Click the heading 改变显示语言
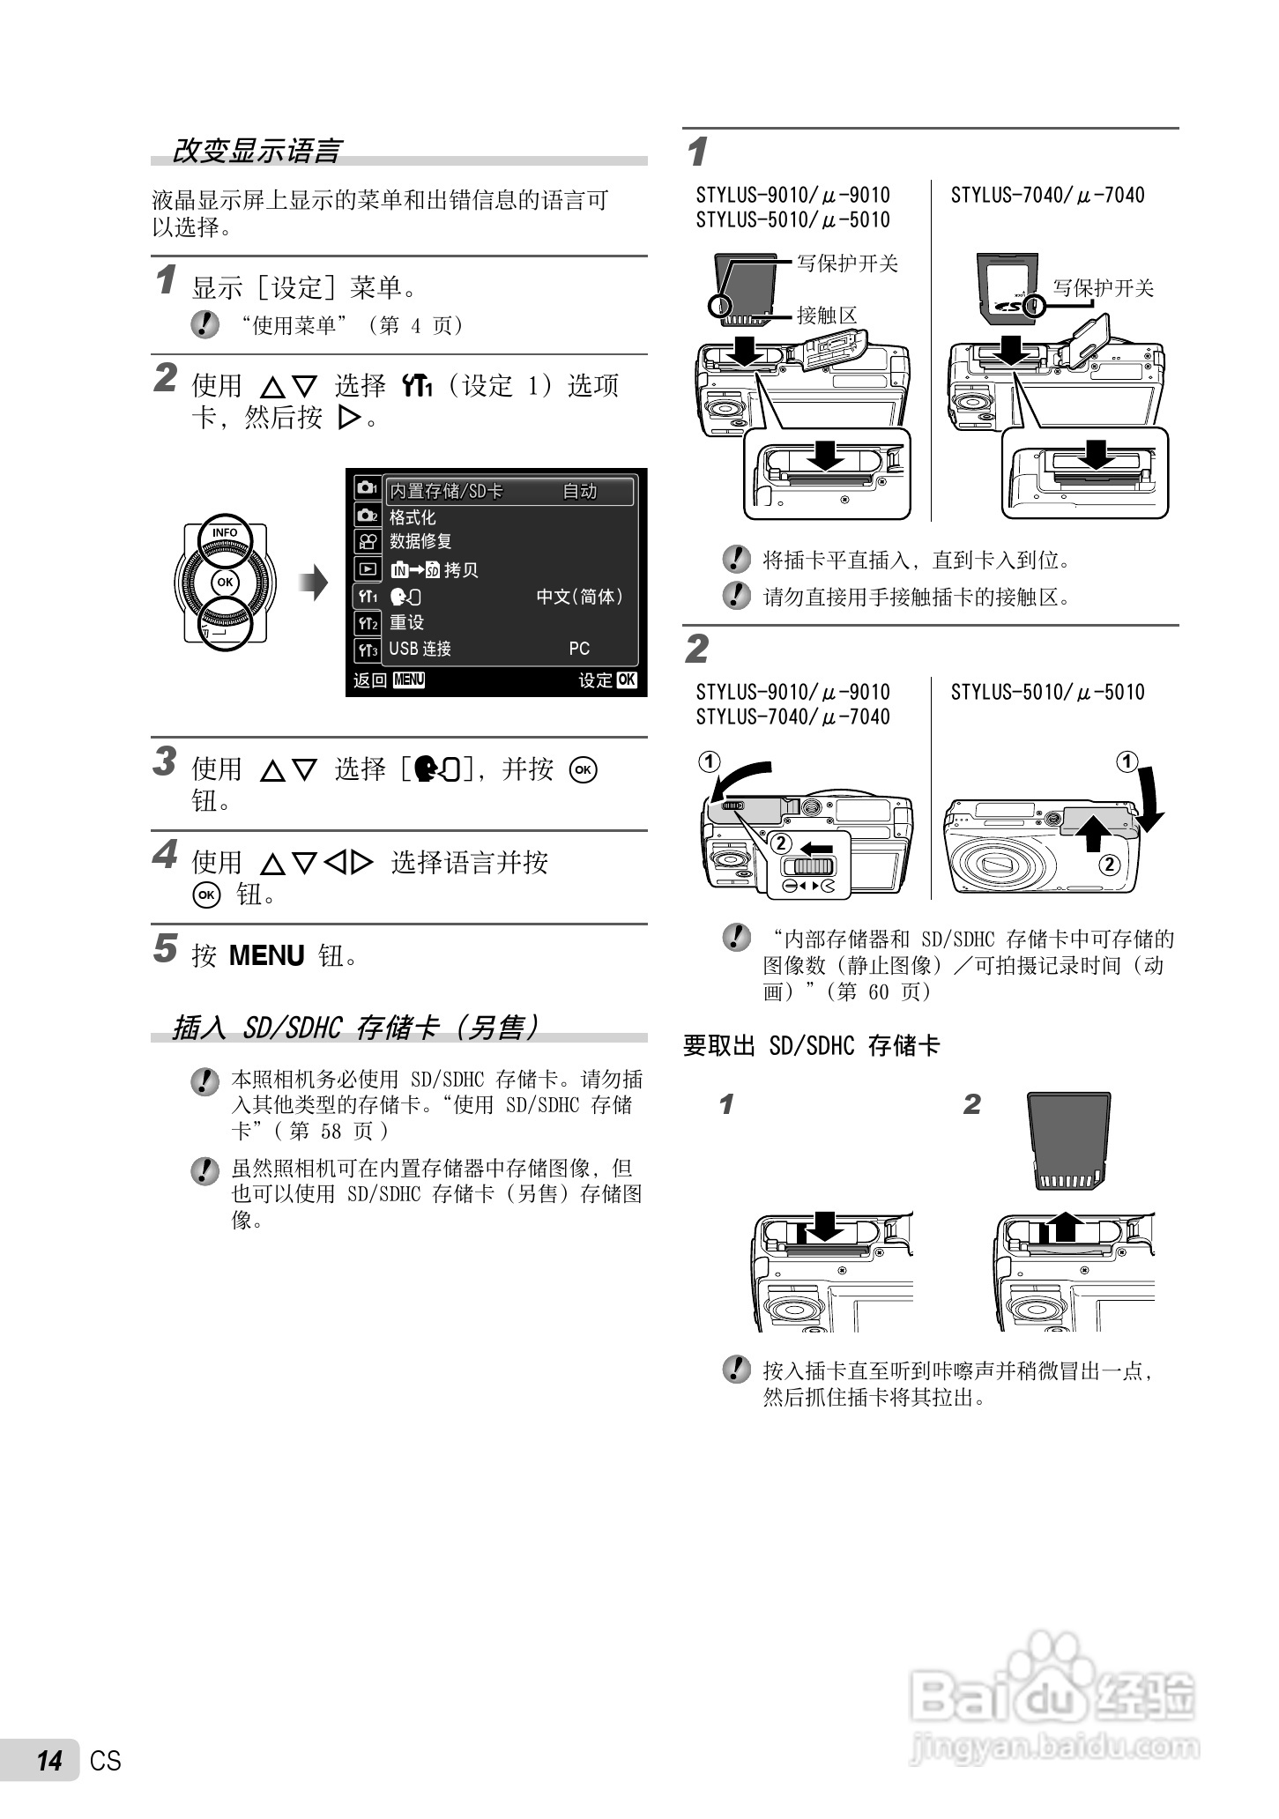[x=256, y=151]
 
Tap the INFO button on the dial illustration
[x=225, y=533]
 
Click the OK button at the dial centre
[x=225, y=583]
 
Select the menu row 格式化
[x=413, y=517]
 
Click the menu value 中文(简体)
[x=580, y=597]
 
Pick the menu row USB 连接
[x=420, y=649]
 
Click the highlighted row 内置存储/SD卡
[x=447, y=492]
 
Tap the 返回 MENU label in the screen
[x=389, y=679]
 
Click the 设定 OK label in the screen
[x=606, y=679]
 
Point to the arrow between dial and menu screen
[x=313, y=583]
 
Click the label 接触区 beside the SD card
[x=826, y=316]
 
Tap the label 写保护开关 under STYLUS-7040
[x=1103, y=288]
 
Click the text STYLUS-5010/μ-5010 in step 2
[x=1047, y=693]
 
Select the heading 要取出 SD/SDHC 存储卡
[x=812, y=1046]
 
